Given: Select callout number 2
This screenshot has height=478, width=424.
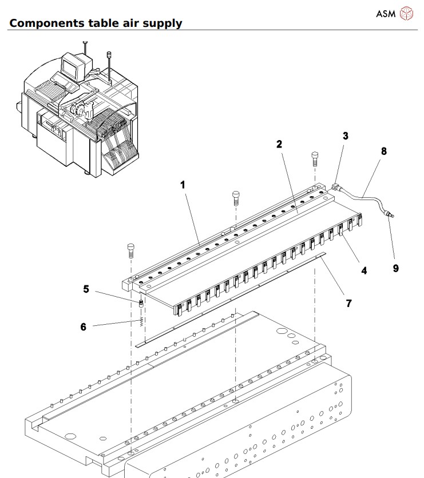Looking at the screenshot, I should [279, 144].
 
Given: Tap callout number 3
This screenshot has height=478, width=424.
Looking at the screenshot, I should [345, 136].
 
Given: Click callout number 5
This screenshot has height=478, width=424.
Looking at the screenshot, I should [86, 289].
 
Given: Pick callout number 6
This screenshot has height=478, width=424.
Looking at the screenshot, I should [83, 327].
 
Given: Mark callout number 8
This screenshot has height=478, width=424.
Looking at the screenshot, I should [383, 151].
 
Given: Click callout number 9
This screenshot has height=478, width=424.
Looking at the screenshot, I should [395, 267].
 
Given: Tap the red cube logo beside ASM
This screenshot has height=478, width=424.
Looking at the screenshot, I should [405, 13].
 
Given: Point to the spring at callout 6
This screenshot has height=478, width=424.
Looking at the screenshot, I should [139, 321].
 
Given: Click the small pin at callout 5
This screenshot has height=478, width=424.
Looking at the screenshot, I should [139, 302].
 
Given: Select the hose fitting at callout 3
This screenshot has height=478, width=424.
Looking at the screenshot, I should [336, 186].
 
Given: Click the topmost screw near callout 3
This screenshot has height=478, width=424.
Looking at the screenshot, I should [315, 157].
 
